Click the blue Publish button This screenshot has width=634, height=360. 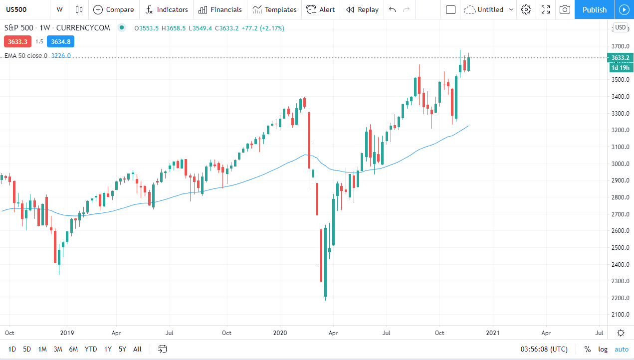(x=594, y=9)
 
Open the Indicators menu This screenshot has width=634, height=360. (x=167, y=9)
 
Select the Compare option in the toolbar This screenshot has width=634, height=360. (x=114, y=9)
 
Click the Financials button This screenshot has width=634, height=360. (x=220, y=9)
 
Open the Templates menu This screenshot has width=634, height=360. (x=274, y=9)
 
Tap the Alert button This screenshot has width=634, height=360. (x=321, y=9)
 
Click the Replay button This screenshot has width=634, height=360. (x=362, y=9)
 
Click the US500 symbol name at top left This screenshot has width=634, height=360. (x=16, y=9)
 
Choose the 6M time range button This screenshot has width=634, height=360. (x=73, y=349)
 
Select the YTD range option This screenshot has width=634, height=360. (x=91, y=349)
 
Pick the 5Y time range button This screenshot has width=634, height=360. (x=122, y=349)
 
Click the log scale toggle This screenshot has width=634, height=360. (x=603, y=349)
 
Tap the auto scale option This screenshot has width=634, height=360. (x=622, y=349)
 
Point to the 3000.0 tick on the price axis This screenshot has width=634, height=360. (x=620, y=164)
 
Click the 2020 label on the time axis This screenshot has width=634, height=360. (x=279, y=333)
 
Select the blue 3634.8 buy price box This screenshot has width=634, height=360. (x=60, y=41)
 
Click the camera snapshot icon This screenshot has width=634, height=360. (x=565, y=9)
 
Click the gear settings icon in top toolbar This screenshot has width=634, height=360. (x=526, y=9)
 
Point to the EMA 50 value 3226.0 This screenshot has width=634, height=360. (x=61, y=56)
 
